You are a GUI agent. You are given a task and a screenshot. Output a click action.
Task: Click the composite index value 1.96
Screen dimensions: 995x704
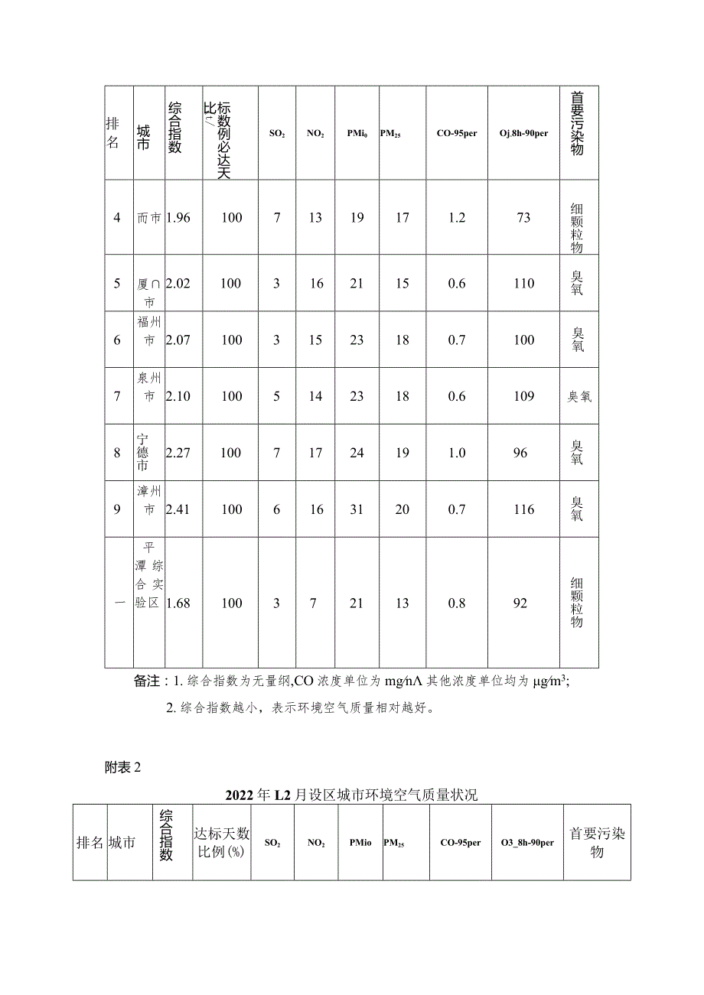pyautogui.click(x=178, y=218)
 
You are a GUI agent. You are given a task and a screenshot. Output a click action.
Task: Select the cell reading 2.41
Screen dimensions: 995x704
pyautogui.click(x=178, y=509)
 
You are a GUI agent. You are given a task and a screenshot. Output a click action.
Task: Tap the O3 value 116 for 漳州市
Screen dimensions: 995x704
pyautogui.click(x=524, y=509)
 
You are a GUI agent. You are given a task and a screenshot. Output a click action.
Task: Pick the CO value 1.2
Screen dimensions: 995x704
pyautogui.click(x=457, y=218)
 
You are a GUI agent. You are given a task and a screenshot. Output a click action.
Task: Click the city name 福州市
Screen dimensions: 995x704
pyautogui.click(x=148, y=330)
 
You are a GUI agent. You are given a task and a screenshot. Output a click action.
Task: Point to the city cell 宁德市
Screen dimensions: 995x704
pyautogui.click(x=143, y=452)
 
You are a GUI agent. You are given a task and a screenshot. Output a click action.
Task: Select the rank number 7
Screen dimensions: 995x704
pyautogui.click(x=117, y=396)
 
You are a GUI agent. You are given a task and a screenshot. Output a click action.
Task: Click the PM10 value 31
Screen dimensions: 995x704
pyautogui.click(x=357, y=509)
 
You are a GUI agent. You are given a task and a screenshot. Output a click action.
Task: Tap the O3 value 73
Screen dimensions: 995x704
pyautogui.click(x=523, y=218)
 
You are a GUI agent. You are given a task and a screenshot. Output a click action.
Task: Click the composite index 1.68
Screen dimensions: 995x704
pyautogui.click(x=178, y=603)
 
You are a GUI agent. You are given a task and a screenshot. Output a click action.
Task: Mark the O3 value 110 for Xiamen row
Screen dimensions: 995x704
pyautogui.click(x=524, y=284)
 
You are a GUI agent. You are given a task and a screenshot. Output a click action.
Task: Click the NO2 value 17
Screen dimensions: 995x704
pyautogui.click(x=315, y=453)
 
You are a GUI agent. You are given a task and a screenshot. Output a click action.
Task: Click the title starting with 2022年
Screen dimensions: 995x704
pyautogui.click(x=351, y=795)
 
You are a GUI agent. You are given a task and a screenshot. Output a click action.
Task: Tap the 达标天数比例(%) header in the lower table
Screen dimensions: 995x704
pyautogui.click(x=221, y=843)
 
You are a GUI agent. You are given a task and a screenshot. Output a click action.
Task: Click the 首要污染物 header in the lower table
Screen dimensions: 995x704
pyautogui.click(x=597, y=842)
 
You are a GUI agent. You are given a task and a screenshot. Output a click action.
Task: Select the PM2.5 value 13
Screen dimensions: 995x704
pyautogui.click(x=403, y=603)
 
